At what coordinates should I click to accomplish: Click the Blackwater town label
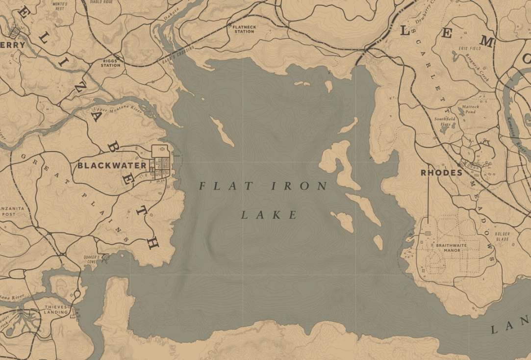112,166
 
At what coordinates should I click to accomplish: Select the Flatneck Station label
244,29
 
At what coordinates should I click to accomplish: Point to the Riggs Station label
110,63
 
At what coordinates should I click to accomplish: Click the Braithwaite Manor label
445,248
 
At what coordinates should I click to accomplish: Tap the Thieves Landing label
55,309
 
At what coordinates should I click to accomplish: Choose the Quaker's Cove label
92,259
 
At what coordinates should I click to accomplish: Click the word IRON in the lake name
299,186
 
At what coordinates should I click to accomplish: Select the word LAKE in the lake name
269,215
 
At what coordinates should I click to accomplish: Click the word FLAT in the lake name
226,186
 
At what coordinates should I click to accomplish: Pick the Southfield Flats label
445,122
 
